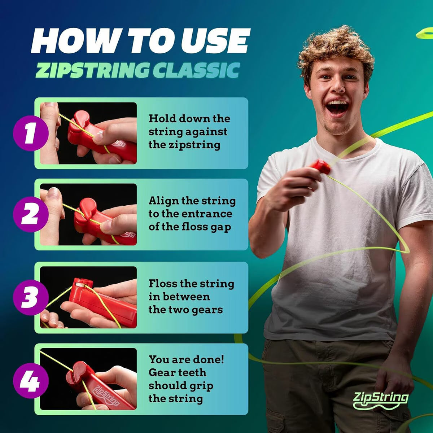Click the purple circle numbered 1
30,133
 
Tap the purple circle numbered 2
30,214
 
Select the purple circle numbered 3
30,297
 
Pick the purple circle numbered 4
30,380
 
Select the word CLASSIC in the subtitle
196,70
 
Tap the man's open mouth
337,107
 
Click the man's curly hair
336,47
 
